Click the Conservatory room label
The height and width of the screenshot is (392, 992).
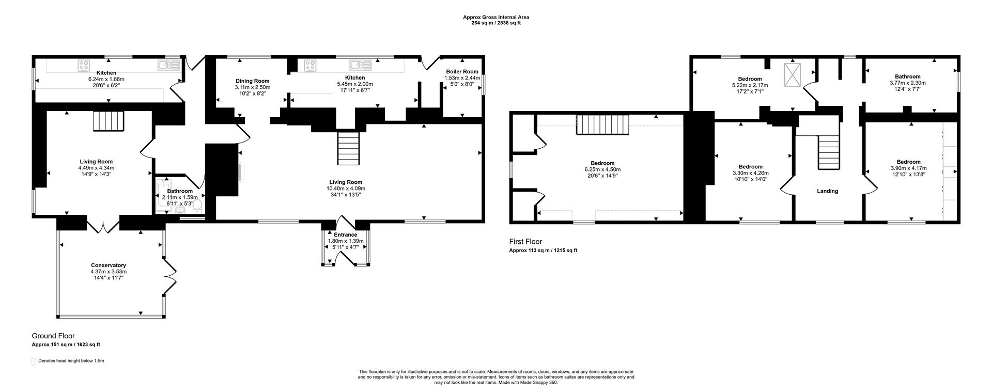[x=109, y=265]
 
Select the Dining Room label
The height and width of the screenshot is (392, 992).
[x=252, y=81]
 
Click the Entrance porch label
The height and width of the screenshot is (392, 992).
[x=345, y=235]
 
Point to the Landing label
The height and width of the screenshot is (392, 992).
[x=827, y=191]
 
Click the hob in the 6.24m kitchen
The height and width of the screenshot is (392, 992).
[x=84, y=65]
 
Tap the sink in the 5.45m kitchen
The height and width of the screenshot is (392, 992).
[x=360, y=65]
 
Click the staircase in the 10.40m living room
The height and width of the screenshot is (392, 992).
[x=348, y=148]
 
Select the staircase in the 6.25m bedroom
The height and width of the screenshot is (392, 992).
[x=603, y=124]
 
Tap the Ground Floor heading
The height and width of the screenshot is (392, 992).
[x=53, y=336]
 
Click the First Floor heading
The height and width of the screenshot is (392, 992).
[x=525, y=242]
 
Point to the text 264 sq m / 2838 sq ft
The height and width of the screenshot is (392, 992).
[x=495, y=23]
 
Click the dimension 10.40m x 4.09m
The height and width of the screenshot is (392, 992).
[x=346, y=189]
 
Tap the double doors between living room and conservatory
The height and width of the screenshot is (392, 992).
[x=103, y=226]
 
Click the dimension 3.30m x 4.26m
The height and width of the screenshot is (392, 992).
[x=750, y=173]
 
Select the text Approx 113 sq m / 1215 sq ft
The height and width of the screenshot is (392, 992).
[x=543, y=250]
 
